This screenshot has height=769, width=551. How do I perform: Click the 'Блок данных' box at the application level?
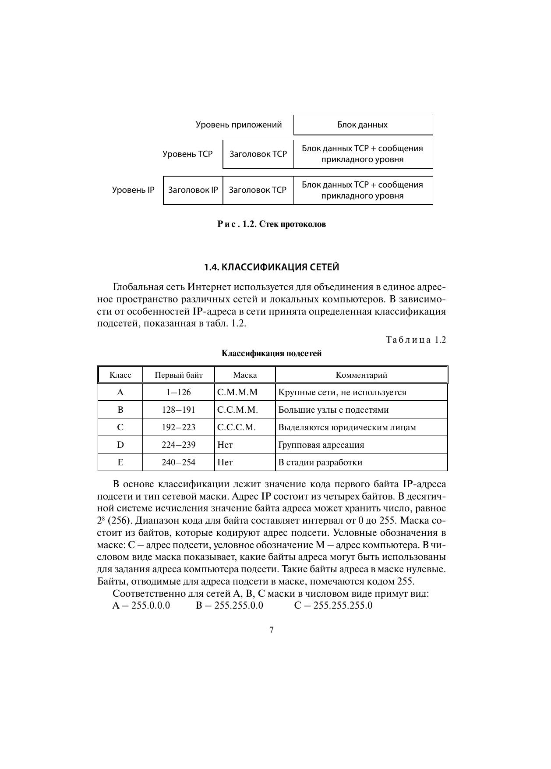pos(363,125)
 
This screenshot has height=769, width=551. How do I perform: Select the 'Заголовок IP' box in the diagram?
pos(193,190)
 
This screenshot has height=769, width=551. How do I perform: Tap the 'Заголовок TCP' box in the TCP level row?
pos(258,154)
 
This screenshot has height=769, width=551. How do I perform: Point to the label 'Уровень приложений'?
pos(239,125)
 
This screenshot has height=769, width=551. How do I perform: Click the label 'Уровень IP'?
pos(133,190)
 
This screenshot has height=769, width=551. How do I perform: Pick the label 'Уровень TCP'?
pos(187,154)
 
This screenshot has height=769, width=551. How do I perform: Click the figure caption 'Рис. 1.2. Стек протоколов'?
pos(272,224)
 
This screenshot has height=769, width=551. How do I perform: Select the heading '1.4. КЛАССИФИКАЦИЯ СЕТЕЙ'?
pos(272,267)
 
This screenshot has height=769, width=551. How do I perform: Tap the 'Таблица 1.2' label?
pos(416,340)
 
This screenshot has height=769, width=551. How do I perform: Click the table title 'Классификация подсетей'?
pos(272,354)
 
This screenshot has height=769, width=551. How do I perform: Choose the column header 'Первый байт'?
pos(179,375)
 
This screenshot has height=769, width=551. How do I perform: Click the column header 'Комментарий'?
pos(361,375)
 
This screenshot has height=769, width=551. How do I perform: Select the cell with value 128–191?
pos(179,410)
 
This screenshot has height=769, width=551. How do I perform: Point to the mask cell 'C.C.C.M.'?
pos(237,428)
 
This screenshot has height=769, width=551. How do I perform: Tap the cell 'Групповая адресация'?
pos(321,445)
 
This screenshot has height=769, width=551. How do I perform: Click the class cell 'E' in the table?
pos(120,463)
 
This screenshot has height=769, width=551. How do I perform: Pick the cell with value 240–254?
pos(179,463)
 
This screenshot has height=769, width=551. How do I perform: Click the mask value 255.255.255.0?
pos(343,606)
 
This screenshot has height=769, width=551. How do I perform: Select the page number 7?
pos(272,631)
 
